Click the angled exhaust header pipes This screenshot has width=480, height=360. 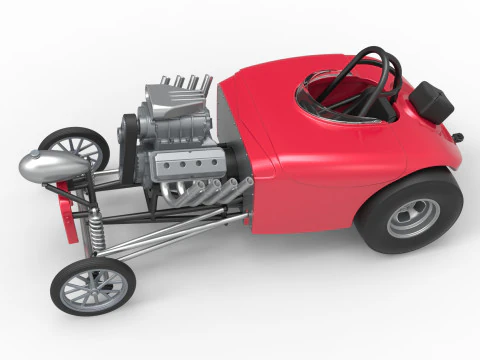(215, 194)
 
